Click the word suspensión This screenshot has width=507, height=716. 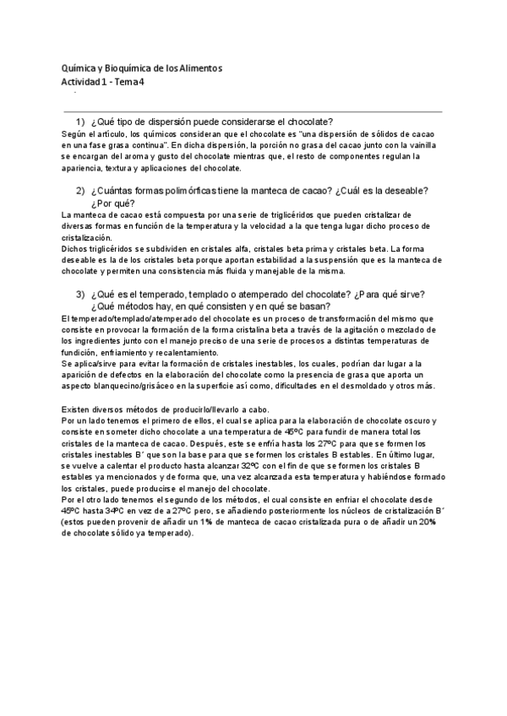[343, 260]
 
